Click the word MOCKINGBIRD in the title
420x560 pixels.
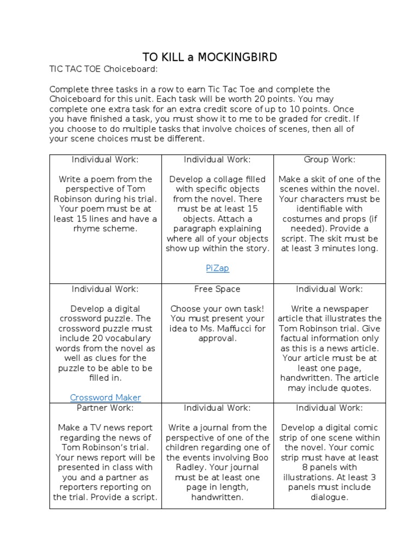(x=239, y=57)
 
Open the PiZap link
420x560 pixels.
(x=217, y=268)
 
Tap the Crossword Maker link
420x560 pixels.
(x=105, y=398)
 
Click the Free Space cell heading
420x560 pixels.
(x=217, y=289)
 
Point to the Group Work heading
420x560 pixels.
(x=329, y=159)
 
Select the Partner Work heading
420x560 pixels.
(x=105, y=407)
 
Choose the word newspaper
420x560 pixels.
(x=343, y=308)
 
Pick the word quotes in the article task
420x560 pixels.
(x=355, y=388)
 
